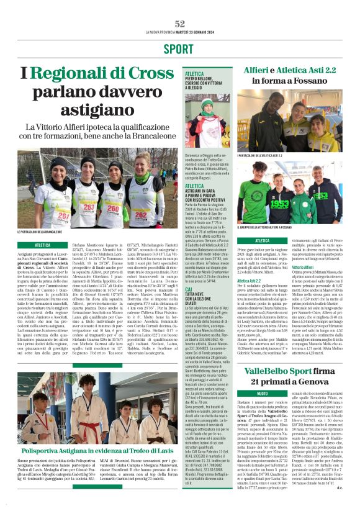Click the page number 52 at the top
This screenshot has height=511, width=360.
pyautogui.click(x=179, y=23)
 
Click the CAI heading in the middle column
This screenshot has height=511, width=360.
pyautogui.click(x=189, y=289)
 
